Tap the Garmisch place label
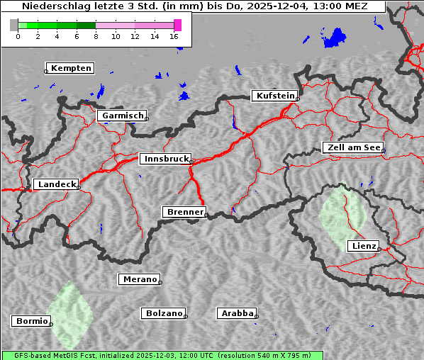[x=123, y=116]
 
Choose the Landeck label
[x=57, y=184]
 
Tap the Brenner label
[x=185, y=212]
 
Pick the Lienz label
[x=363, y=246]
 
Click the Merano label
[x=139, y=279]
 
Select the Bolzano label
[x=164, y=313]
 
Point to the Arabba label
[x=237, y=313]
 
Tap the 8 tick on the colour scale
[x=96, y=36]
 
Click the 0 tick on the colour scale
[x=18, y=36]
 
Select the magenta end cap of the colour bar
[x=177, y=25]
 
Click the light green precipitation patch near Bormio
[x=70, y=315]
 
